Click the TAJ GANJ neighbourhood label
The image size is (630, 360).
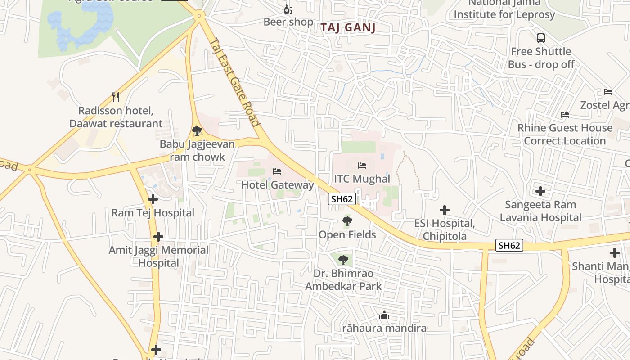[348, 28]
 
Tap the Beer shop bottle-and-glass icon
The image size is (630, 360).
[288, 9]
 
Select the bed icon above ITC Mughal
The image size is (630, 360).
[362, 166]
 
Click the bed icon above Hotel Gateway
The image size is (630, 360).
[277, 171]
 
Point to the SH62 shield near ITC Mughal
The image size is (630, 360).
[342, 199]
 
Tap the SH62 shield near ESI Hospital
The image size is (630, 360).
[509, 245]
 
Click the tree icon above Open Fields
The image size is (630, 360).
[347, 221]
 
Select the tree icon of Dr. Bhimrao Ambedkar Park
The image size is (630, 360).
[343, 260]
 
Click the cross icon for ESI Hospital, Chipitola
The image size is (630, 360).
[445, 210]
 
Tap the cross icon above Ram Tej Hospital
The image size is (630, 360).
[153, 199]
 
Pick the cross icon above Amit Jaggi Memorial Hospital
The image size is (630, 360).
[158, 237]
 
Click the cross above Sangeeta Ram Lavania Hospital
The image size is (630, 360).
[540, 191]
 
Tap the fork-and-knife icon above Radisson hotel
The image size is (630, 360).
[116, 97]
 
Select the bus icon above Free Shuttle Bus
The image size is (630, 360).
[541, 38]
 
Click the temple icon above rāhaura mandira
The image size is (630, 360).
[384, 315]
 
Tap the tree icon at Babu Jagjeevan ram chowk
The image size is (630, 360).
[197, 131]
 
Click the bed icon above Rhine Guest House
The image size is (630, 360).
[565, 115]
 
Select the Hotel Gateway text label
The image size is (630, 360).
[277, 185]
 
